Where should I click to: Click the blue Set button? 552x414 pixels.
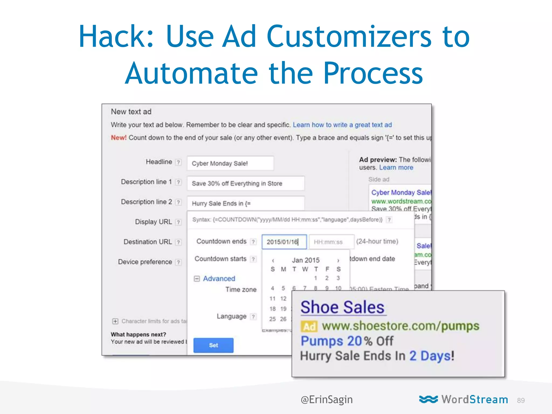213,345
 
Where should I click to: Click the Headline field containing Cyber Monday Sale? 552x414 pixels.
230,163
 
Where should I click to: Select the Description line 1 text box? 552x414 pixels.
246,183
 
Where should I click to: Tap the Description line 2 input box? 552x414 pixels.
246,203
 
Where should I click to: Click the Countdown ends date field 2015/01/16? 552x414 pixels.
284,242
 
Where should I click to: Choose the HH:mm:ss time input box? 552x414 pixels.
331,242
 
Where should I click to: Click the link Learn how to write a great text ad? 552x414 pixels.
342,125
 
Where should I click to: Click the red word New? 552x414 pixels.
118,138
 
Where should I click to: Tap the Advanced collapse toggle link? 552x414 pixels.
215,278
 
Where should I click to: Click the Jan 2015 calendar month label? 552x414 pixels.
305,260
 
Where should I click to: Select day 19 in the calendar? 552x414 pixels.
283,309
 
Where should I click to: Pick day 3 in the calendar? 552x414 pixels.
338,278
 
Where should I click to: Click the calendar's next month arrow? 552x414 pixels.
338,260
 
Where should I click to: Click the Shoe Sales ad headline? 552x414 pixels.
342,307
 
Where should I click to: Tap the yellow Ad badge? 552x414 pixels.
309,327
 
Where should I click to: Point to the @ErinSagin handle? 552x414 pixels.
326,399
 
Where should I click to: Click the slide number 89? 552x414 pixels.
521,401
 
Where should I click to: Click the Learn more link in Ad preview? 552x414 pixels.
396,167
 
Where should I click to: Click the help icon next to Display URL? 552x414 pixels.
178,222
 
